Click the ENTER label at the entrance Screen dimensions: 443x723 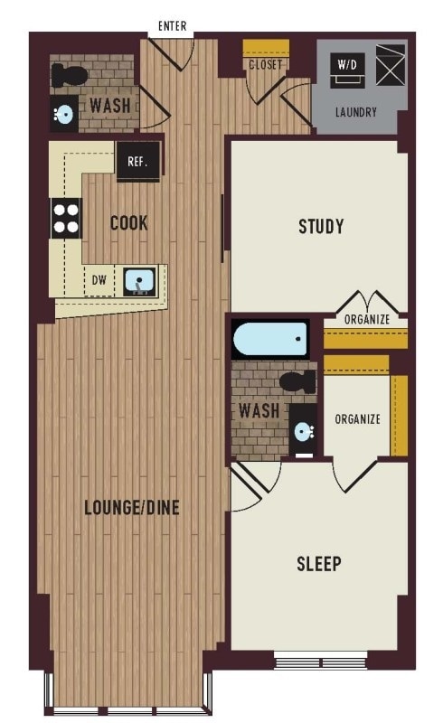(172, 26)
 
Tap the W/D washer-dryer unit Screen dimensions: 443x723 (347, 70)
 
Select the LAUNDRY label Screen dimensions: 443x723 (356, 112)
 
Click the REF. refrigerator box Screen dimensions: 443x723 (138, 162)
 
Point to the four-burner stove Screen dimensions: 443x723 (65, 218)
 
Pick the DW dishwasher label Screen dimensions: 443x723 (99, 280)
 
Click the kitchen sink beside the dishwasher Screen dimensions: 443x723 (139, 281)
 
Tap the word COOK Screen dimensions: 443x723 (128, 223)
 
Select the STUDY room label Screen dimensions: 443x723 (321, 227)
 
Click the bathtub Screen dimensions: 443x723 (270, 340)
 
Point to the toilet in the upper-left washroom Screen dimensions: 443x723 (70, 75)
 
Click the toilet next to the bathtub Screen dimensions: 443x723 (298, 381)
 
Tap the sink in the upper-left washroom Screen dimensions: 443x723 (64, 113)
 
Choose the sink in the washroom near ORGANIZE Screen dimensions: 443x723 (303, 432)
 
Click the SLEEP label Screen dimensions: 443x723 (319, 563)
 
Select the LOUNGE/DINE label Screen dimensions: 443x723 (131, 508)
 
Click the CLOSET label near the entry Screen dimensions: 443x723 (265, 64)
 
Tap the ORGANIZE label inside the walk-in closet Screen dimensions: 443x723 (358, 419)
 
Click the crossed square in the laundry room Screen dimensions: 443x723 (391, 65)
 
